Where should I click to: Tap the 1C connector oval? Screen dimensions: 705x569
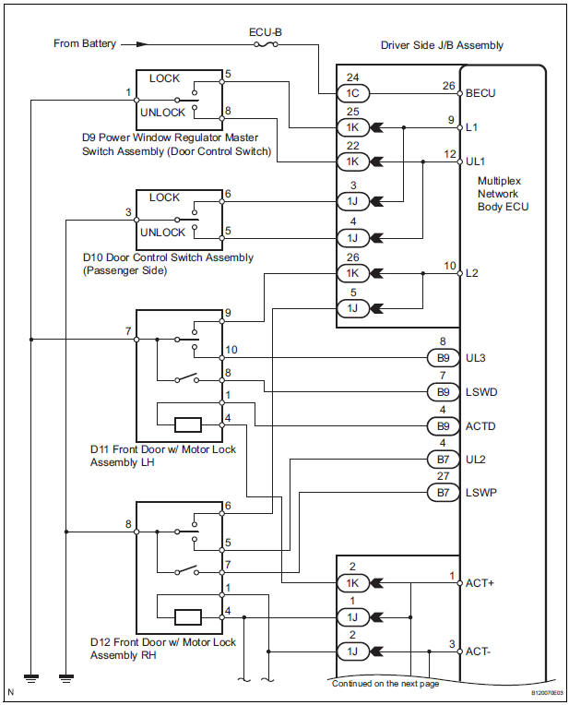[x=356, y=93]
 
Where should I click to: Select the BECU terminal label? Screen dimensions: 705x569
[x=480, y=93]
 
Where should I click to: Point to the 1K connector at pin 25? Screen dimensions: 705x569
[x=356, y=128]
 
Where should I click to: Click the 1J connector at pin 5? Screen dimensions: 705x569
[x=356, y=307]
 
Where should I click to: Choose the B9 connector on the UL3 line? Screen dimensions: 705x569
[x=443, y=357]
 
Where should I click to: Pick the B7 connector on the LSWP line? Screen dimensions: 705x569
[x=443, y=493]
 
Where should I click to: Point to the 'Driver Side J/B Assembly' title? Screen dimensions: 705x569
[x=441, y=45]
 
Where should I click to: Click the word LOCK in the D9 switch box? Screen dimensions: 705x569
[x=165, y=78]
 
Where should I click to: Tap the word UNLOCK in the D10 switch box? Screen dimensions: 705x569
[x=161, y=232]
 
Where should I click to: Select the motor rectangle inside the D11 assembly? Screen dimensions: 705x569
[x=188, y=424]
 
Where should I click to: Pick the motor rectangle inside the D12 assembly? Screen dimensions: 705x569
[x=188, y=616]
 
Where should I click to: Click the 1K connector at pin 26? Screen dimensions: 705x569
[x=356, y=273]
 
